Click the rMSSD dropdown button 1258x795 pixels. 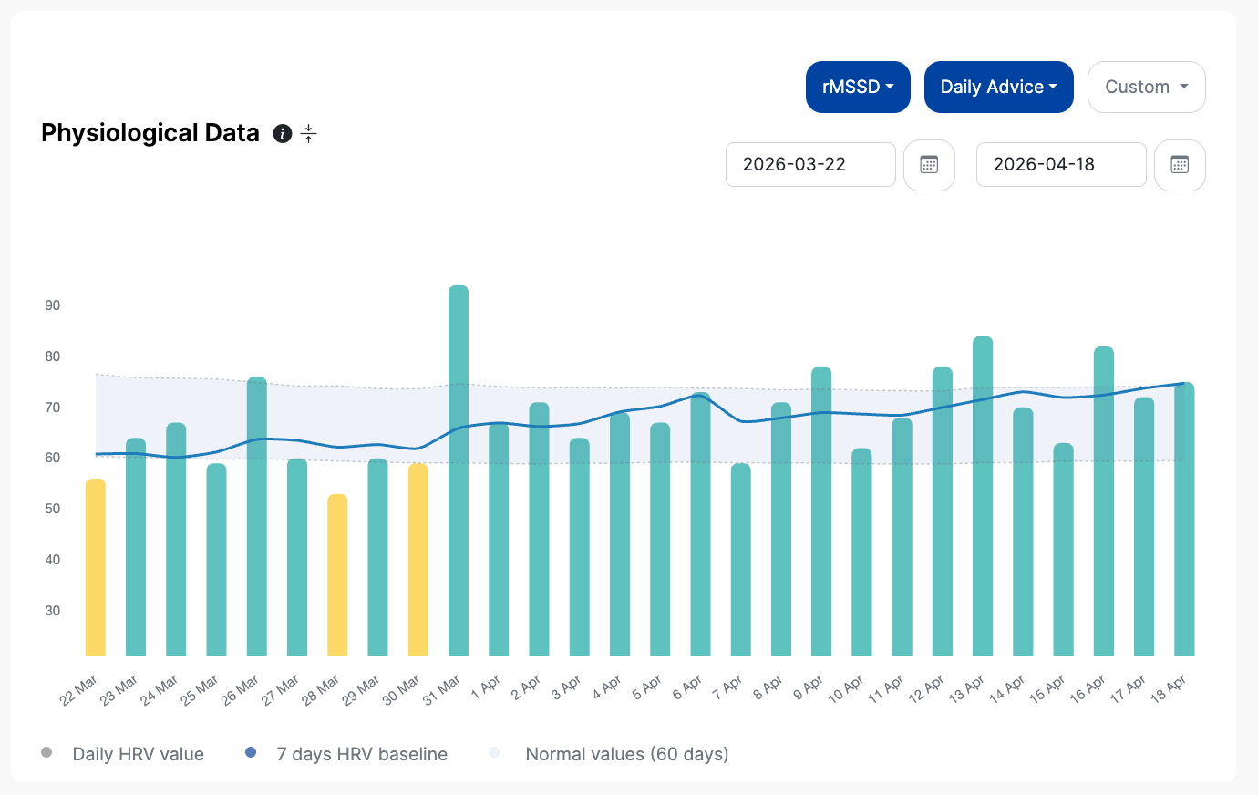[858, 88]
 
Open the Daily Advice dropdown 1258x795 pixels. [998, 88]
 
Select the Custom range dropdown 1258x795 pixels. [1146, 88]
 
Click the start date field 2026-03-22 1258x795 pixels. [810, 165]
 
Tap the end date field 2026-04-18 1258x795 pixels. [1061, 165]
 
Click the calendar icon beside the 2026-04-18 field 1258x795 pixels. [1180, 165]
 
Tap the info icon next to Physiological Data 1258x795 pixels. [283, 134]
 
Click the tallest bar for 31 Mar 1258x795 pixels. [459, 470]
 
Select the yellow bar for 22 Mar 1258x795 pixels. [96, 567]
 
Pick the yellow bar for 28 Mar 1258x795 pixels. [337, 574]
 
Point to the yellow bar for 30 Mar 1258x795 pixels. [418, 560]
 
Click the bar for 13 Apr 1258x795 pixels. [983, 496]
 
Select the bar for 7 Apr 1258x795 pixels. [741, 560]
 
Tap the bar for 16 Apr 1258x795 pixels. [1104, 501]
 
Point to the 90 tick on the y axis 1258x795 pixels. [52, 305]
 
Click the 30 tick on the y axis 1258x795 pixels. [52, 611]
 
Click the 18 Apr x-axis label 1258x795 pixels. [1168, 689]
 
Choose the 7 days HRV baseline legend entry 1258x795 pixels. [346, 753]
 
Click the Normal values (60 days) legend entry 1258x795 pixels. [608, 753]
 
